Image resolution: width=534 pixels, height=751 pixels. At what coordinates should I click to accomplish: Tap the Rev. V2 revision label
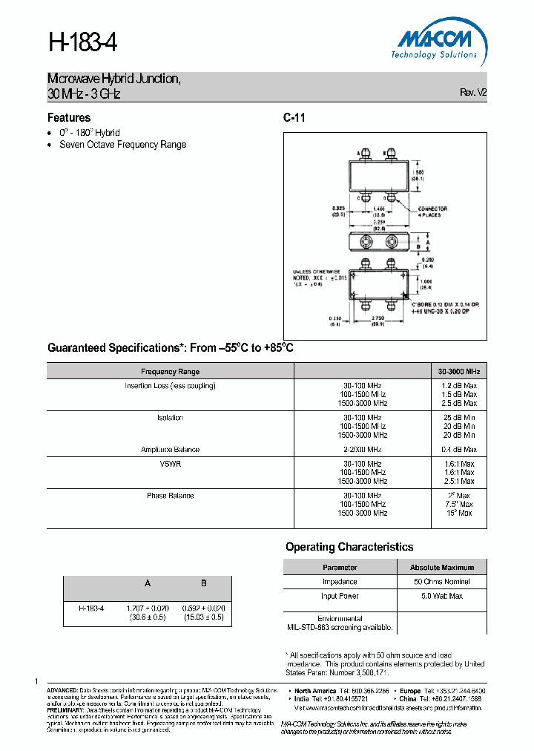[x=473, y=93]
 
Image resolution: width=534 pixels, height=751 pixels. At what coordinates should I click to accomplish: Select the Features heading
[x=69, y=117]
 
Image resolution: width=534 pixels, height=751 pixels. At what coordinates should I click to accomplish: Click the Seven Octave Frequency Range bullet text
[x=122, y=145]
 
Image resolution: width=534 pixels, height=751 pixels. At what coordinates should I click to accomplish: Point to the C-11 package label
[x=294, y=117]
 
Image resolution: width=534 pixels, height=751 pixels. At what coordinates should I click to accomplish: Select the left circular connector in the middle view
[x=365, y=243]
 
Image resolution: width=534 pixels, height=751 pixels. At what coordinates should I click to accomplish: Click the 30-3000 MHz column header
[x=458, y=371]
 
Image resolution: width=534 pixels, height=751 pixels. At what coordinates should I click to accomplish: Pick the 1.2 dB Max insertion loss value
[x=459, y=386]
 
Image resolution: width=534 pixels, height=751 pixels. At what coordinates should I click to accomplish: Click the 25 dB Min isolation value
[x=459, y=418]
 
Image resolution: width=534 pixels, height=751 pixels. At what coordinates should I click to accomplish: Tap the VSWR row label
[x=170, y=463]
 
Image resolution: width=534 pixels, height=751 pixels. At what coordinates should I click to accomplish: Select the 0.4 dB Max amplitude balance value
[x=459, y=450]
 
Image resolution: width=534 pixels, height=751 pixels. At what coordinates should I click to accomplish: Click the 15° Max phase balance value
[x=459, y=513]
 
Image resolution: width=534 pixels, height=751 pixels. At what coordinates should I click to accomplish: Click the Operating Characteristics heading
[x=349, y=547]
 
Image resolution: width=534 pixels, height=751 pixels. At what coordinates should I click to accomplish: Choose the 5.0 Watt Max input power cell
[x=442, y=596]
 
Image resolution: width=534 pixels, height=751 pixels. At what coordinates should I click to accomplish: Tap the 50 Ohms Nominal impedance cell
[x=442, y=582]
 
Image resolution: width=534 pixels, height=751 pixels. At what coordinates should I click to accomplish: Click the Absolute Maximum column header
[x=442, y=567]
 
